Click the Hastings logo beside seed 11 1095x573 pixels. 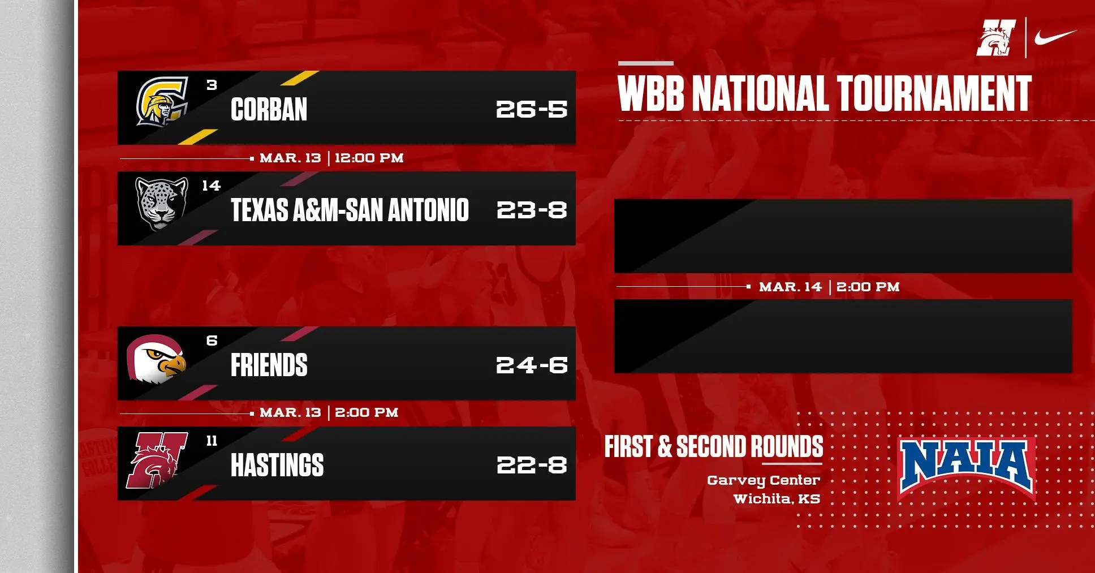pos(157,460)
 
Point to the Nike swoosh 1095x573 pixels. pos(1055,37)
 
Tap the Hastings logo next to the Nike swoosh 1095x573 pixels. pos(996,38)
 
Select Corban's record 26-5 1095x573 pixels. pos(532,109)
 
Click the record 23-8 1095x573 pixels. pos(532,210)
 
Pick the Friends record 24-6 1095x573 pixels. pos(532,365)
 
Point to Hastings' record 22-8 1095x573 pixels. pos(532,465)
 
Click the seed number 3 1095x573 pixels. pos(212,85)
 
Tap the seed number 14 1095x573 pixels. pos(211,186)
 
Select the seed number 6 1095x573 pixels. pos(212,341)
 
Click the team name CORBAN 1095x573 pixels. pos(269,110)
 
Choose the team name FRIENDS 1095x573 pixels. pos(269,365)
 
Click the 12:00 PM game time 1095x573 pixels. pos(369,158)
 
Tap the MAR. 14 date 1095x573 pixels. pos(790,287)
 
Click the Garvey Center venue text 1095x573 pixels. pos(763,480)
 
